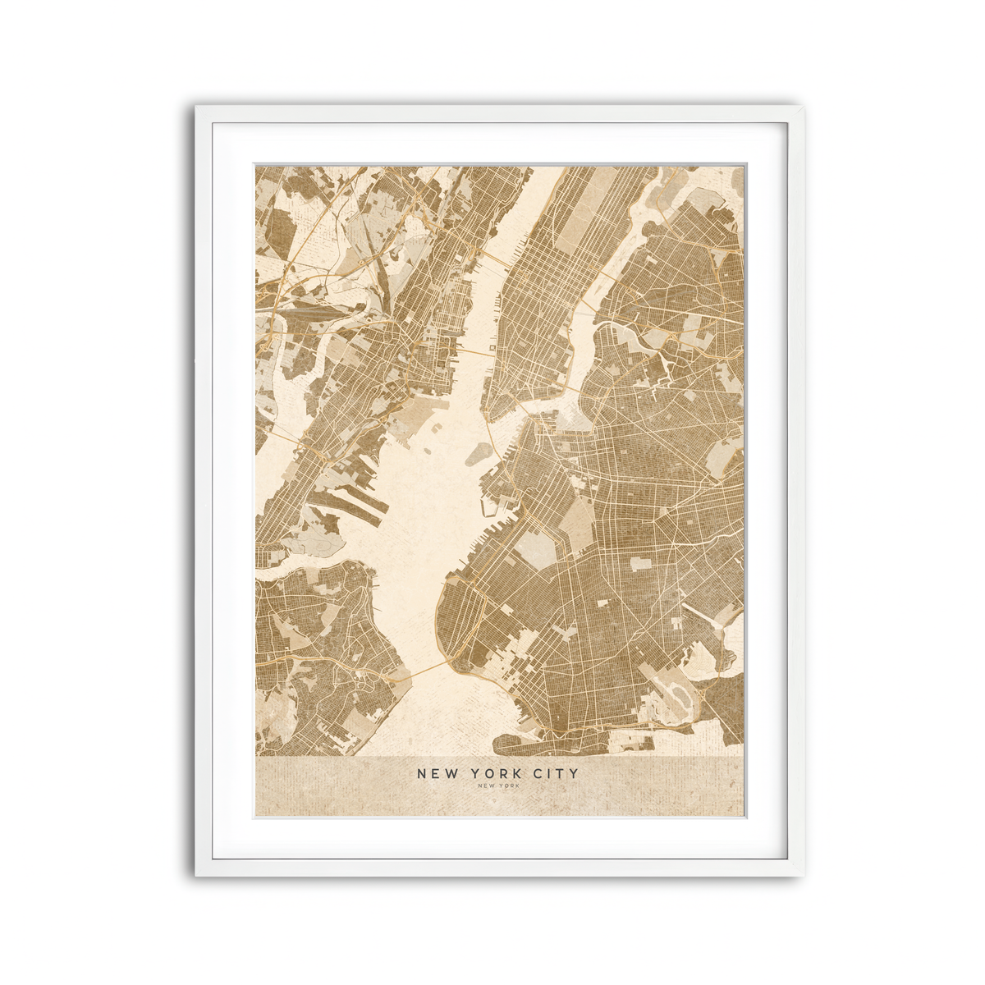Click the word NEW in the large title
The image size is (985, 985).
pos(434,773)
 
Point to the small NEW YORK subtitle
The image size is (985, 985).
pos(497,786)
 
